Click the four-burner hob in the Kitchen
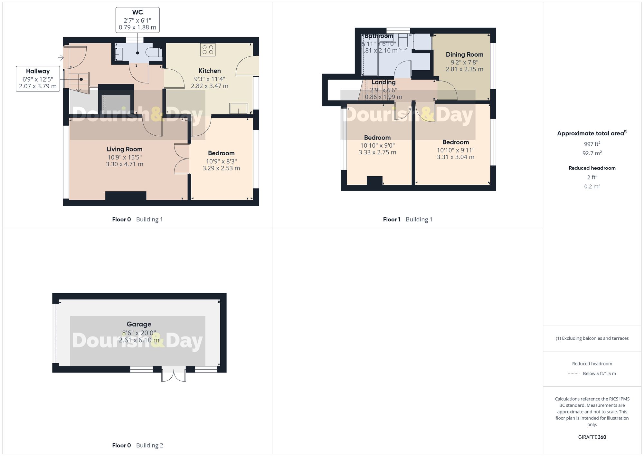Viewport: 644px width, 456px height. click(208, 50)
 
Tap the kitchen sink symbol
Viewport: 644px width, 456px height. click(239, 109)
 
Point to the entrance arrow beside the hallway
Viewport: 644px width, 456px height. click(61, 58)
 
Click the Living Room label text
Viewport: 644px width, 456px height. click(125, 149)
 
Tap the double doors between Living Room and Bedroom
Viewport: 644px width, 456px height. click(182, 159)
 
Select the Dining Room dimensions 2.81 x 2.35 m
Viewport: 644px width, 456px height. click(464, 69)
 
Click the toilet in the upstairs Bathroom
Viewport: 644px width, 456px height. click(403, 41)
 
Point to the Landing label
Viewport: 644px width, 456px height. click(383, 82)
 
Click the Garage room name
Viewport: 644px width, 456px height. click(139, 324)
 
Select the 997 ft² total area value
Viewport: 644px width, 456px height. click(592, 144)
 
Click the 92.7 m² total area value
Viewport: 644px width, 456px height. click(592, 153)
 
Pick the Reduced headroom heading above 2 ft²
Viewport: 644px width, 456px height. click(592, 168)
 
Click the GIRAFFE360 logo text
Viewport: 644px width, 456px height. click(592, 437)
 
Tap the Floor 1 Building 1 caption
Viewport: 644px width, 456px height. click(407, 219)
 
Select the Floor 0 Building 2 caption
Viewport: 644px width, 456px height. click(137, 445)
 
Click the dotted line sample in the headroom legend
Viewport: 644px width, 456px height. click(574, 374)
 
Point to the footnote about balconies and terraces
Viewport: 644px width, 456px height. click(592, 338)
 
